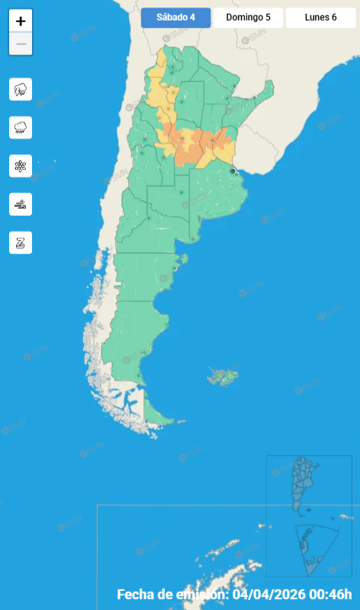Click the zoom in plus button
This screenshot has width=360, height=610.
pos(21,21)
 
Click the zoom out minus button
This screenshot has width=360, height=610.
pos(21,44)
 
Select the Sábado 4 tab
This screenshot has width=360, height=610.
pos(175,18)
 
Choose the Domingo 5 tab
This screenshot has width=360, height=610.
pos(248,18)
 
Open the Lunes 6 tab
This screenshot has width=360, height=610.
pos(320,18)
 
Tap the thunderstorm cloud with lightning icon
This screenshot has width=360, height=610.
pos(21,89)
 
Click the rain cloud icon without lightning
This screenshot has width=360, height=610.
pos(21,127)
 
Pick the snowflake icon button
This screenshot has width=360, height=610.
pos(21,165)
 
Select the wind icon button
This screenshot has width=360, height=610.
pos(21,204)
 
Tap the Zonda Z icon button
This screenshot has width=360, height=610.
pos(21,242)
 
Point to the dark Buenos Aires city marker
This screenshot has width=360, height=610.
pos(233,172)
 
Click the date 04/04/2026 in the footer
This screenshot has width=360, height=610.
pos(272,595)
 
